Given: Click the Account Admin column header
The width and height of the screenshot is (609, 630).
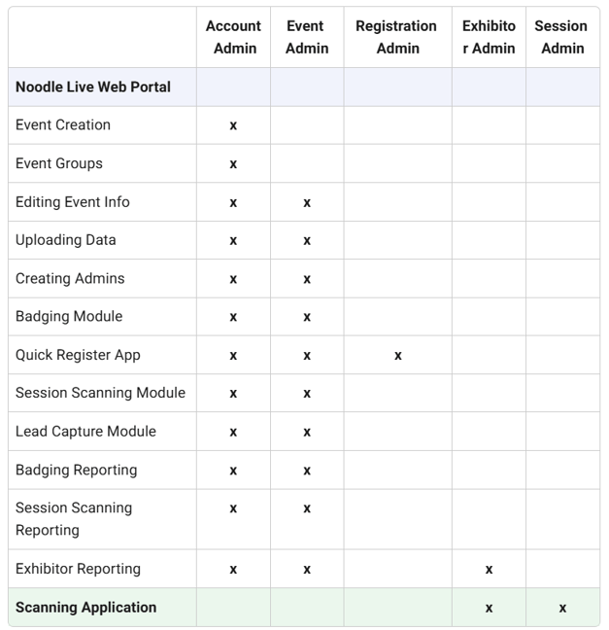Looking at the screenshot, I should pyautogui.click(x=233, y=38).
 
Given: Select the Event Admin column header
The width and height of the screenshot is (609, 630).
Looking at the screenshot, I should pyautogui.click(x=306, y=38).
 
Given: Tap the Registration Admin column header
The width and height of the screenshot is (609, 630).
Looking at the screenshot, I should pyautogui.click(x=397, y=38).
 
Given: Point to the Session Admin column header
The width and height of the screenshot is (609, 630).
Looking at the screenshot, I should pyautogui.click(x=562, y=38).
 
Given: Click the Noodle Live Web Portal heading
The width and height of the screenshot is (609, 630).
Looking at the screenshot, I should pyautogui.click(x=93, y=87).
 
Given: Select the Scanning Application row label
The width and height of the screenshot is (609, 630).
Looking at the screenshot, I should pyautogui.click(x=85, y=608).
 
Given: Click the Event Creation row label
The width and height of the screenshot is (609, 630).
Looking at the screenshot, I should pyautogui.click(x=63, y=125).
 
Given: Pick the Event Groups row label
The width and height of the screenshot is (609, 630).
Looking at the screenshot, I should pyautogui.click(x=59, y=163).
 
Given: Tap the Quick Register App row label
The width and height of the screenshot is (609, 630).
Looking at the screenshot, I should pyautogui.click(x=78, y=355).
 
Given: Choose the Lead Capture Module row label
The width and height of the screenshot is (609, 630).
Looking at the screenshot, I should pyautogui.click(x=85, y=432).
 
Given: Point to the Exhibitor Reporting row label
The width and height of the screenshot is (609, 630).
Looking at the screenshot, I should pyautogui.click(x=78, y=569).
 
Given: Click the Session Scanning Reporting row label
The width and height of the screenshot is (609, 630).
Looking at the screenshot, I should pyautogui.click(x=74, y=519).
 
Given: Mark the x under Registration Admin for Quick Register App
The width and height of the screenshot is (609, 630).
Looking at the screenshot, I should pyautogui.click(x=397, y=356).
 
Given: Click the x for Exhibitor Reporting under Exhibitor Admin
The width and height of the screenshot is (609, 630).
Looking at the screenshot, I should pyautogui.click(x=489, y=570).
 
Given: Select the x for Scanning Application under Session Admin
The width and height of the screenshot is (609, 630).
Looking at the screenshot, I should pyautogui.click(x=562, y=609).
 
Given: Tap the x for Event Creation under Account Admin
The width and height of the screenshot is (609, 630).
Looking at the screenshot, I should pyautogui.click(x=233, y=126).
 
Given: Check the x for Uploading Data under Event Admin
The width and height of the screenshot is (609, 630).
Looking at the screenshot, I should pyautogui.click(x=307, y=241).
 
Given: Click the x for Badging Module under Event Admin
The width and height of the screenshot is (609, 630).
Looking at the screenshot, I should pyautogui.click(x=307, y=317).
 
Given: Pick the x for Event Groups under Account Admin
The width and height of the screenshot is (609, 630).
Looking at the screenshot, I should pyautogui.click(x=233, y=164).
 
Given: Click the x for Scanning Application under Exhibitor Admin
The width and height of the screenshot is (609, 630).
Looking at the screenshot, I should pyautogui.click(x=489, y=609).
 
